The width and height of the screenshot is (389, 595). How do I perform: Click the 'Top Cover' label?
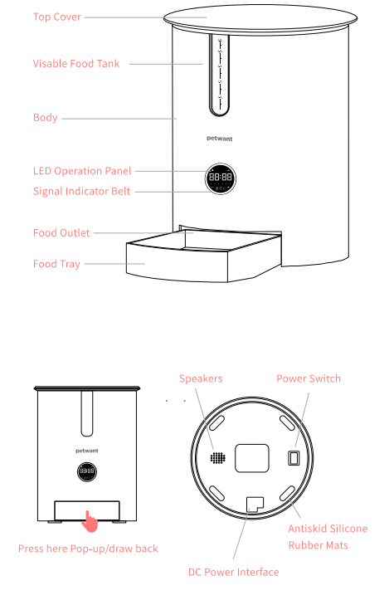pyautogui.click(x=56, y=17)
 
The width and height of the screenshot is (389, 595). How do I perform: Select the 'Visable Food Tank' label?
pyautogui.click(x=76, y=63)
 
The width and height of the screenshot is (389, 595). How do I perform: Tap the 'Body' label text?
pyautogui.click(x=45, y=118)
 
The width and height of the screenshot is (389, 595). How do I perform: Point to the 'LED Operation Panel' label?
pyautogui.click(x=82, y=171)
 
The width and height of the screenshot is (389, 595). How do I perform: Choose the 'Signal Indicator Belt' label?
pyautogui.click(x=82, y=191)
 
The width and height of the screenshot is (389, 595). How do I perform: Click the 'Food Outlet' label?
pyautogui.click(x=61, y=233)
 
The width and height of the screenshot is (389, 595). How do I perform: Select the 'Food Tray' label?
pyautogui.click(x=56, y=264)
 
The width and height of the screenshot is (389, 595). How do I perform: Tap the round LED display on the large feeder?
pyautogui.click(x=220, y=178)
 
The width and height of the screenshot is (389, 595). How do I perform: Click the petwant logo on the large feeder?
pyautogui.click(x=220, y=141)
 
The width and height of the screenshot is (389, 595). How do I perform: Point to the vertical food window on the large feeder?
pyautogui.click(x=220, y=75)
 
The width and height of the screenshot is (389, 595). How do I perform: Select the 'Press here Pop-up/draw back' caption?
pyautogui.click(x=88, y=549)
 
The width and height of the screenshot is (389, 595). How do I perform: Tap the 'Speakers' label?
pyautogui.click(x=201, y=378)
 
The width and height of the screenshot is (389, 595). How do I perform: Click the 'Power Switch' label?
pyautogui.click(x=309, y=378)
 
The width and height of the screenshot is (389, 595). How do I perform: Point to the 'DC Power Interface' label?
pyautogui.click(x=233, y=572)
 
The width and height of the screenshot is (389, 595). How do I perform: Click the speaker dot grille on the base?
pyautogui.click(x=217, y=457)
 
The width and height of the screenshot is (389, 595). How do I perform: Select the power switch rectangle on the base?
pyautogui.click(x=292, y=458)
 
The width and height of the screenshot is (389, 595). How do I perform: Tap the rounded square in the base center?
pyautogui.click(x=254, y=457)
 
